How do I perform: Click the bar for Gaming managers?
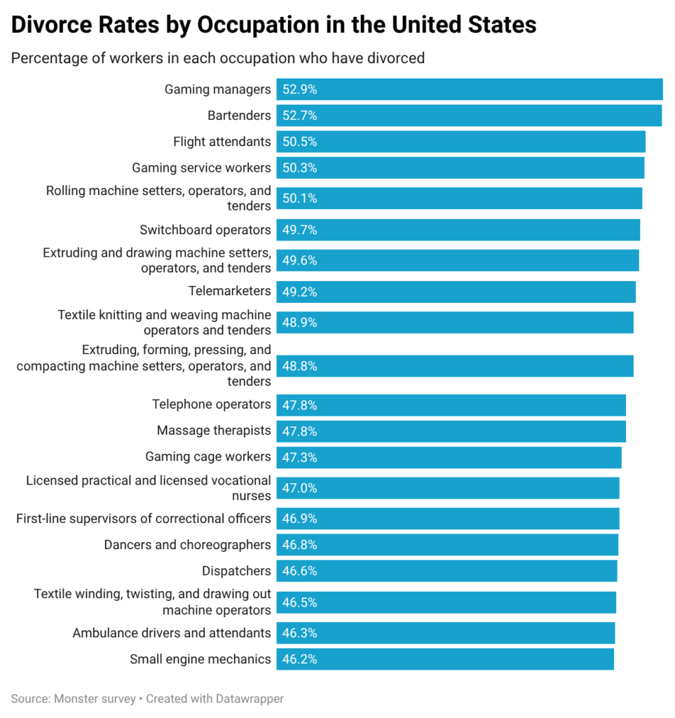tap(470, 90)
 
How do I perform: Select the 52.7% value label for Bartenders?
tap(300, 116)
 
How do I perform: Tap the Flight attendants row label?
tap(221, 142)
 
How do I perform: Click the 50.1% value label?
tap(300, 198)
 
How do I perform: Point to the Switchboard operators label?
tap(205, 230)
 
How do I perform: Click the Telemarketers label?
tap(229, 291)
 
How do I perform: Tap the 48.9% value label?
tap(300, 323)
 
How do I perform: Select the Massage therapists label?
tap(213, 431)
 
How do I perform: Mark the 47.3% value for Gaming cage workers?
tap(300, 457)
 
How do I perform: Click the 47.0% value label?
tap(300, 488)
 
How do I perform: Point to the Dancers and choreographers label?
tap(187, 545)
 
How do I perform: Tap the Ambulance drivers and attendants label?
tap(172, 633)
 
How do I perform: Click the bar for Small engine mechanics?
tap(445, 659)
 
